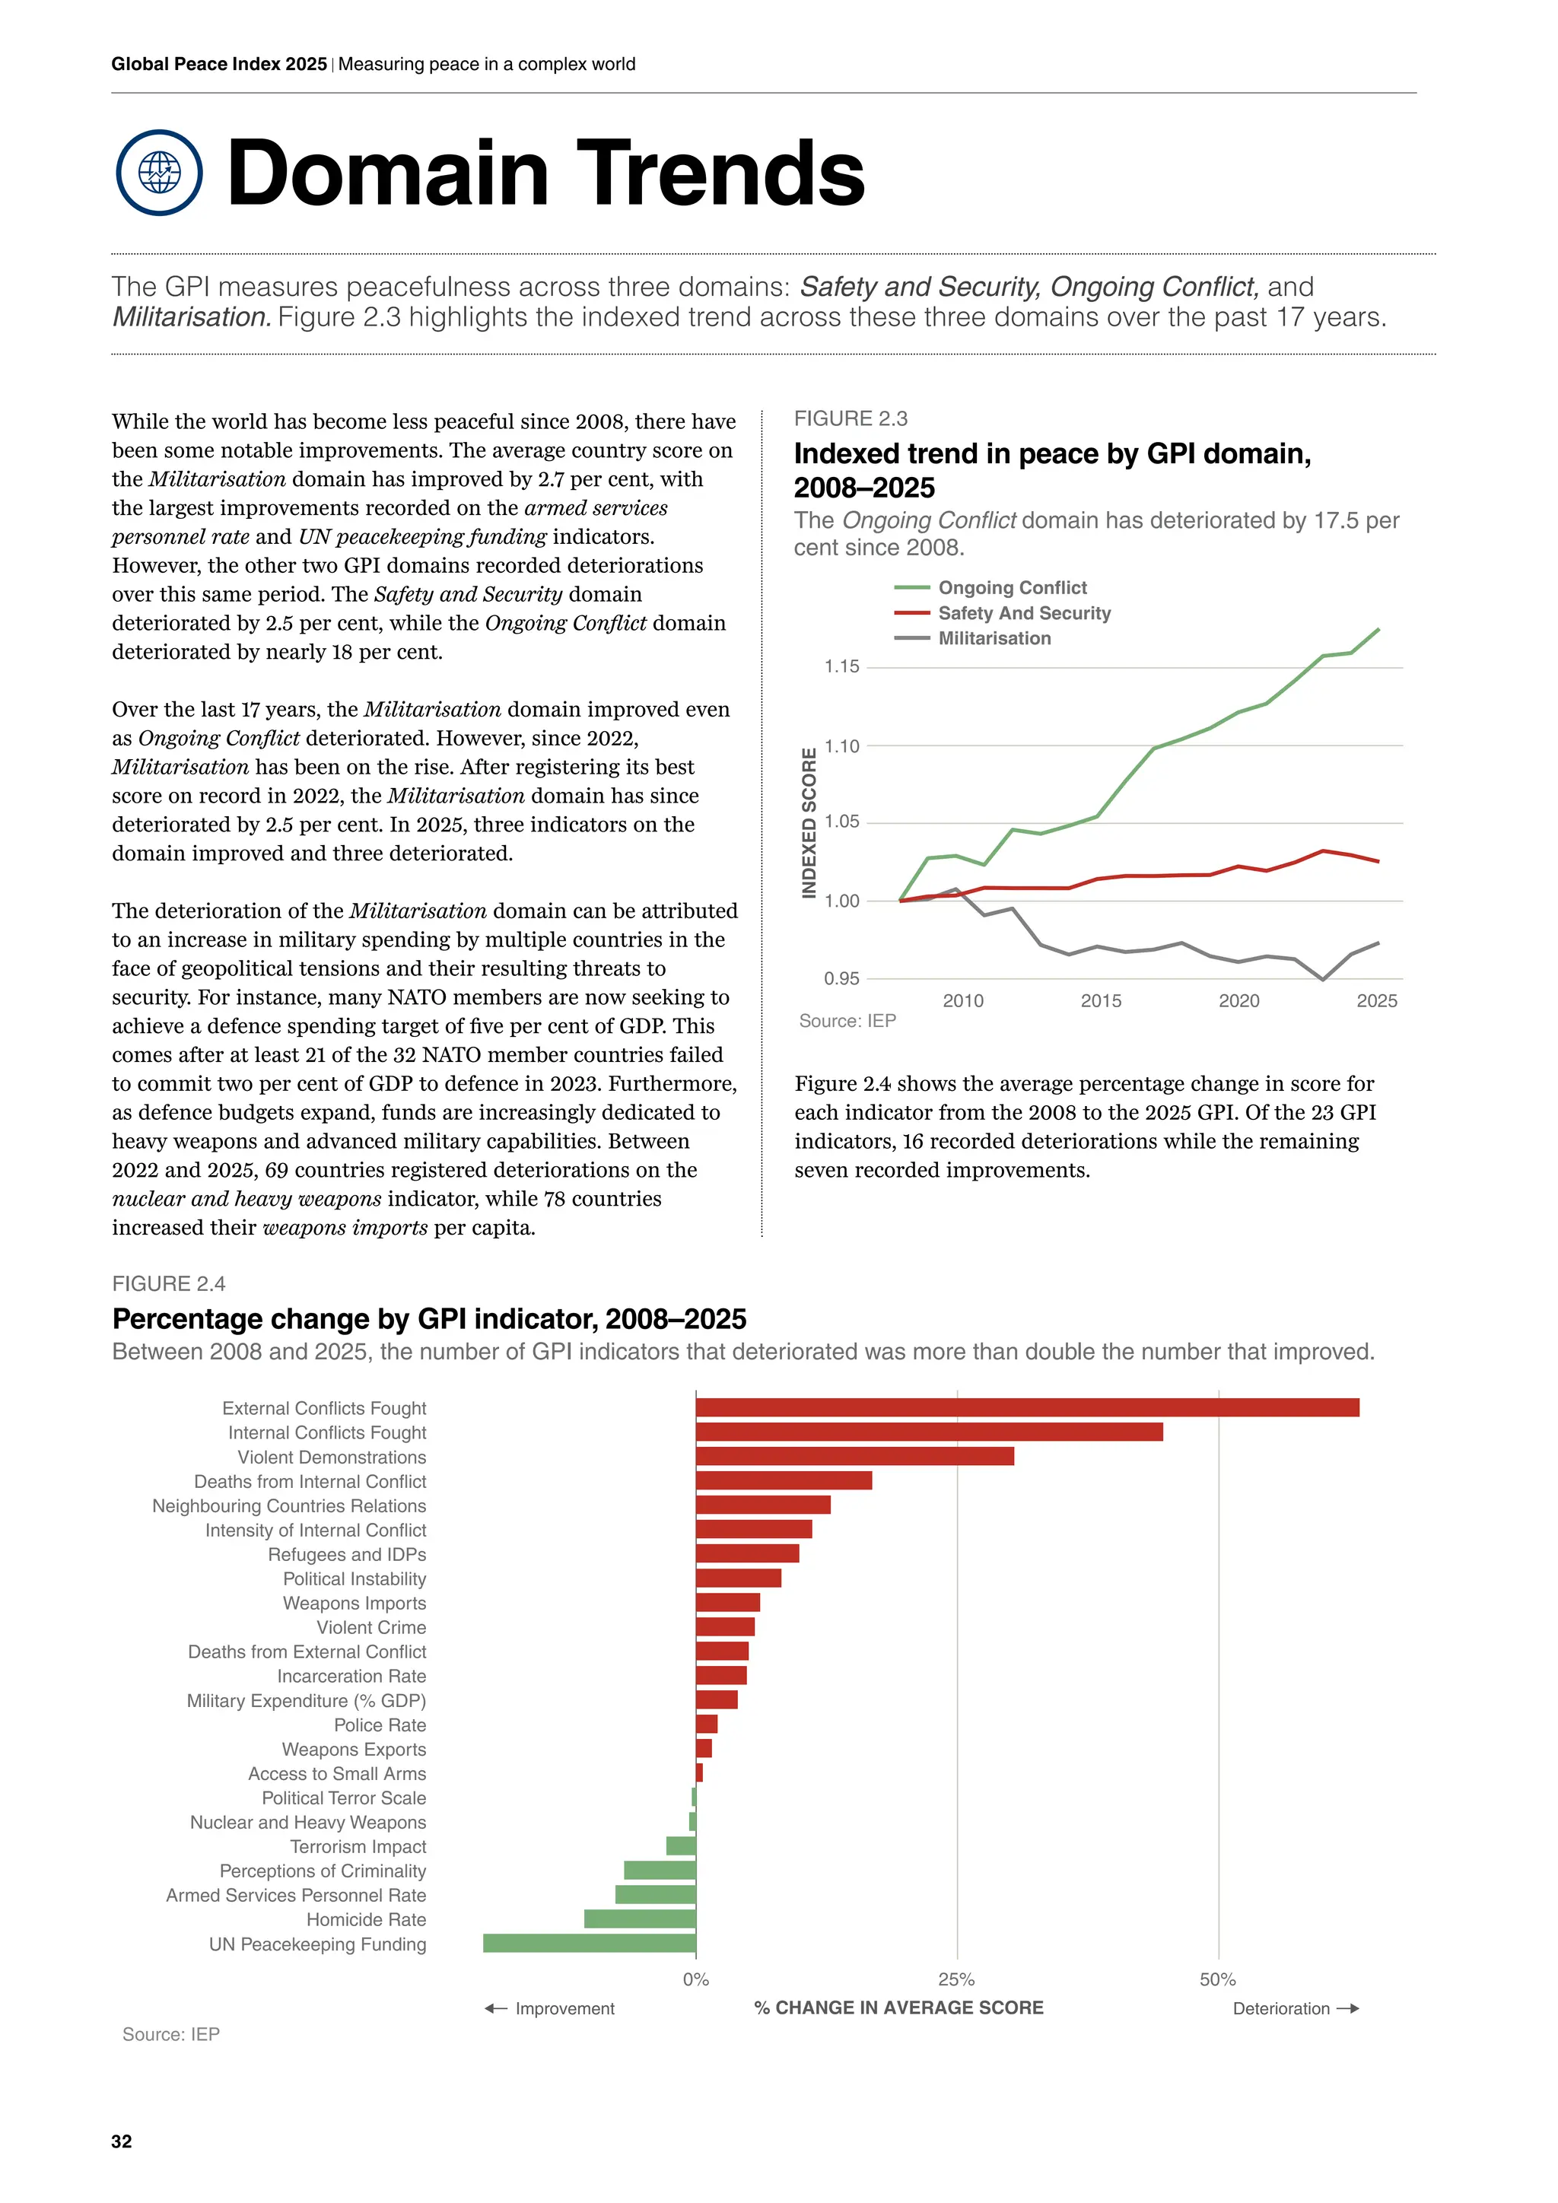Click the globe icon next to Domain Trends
(159, 173)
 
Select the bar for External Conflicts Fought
(1026, 1407)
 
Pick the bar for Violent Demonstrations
(854, 1457)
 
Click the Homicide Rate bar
(640, 1919)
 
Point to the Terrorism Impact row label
(358, 1846)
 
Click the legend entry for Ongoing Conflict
(1011, 587)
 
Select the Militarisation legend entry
(994, 638)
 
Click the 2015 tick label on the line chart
(1100, 1001)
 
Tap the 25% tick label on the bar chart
(956, 1979)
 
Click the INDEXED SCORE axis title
(809, 823)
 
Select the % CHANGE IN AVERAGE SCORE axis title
(898, 2007)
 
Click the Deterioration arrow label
(1295, 2008)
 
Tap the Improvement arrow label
(551, 2008)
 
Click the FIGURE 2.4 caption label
(169, 1284)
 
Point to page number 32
(122, 2141)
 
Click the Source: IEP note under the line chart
(847, 1021)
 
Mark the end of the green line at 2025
(1378, 629)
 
